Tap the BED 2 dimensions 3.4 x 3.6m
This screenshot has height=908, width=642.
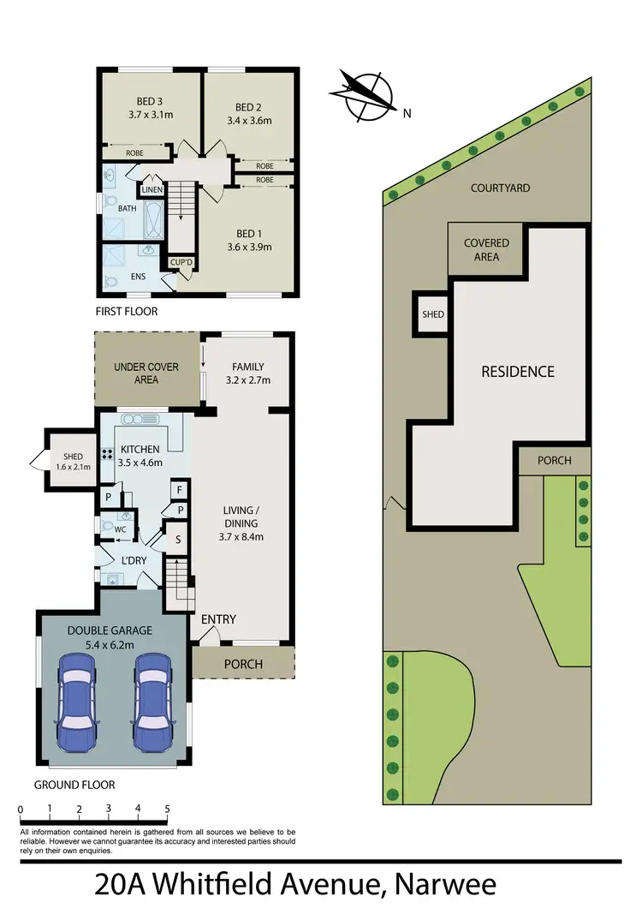click(x=248, y=121)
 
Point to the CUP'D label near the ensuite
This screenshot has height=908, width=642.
click(x=181, y=262)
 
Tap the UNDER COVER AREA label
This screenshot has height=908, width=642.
click(x=146, y=373)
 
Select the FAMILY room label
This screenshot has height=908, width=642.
click(x=248, y=367)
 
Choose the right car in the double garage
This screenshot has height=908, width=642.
click(x=154, y=690)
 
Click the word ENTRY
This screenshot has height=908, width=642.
click(x=218, y=619)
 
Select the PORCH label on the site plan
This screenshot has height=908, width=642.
click(x=554, y=460)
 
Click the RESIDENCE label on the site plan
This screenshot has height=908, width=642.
click(x=517, y=371)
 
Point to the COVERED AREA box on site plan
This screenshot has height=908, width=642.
click(x=486, y=249)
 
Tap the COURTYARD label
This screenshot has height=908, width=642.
click(x=500, y=188)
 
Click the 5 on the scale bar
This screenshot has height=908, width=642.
click(x=167, y=808)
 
